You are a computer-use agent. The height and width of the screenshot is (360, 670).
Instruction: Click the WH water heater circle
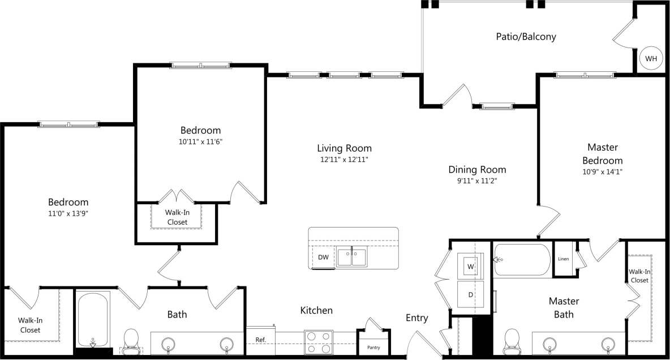[651, 58]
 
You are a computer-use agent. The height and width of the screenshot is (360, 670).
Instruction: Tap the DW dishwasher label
[323, 257]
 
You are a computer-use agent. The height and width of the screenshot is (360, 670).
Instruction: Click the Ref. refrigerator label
[260, 340]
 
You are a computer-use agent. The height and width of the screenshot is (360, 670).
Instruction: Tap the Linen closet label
[563, 259]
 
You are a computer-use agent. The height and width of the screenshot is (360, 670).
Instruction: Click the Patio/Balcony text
[526, 37]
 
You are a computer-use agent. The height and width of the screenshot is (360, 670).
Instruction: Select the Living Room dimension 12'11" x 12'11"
[344, 160]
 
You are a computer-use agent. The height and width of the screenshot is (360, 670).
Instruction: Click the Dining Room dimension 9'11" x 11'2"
[477, 181]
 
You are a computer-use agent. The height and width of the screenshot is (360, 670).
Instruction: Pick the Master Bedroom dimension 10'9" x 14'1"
[603, 171]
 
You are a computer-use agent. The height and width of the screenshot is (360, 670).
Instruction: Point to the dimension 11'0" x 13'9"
[68, 213]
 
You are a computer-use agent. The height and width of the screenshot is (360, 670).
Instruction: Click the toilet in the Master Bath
[512, 340]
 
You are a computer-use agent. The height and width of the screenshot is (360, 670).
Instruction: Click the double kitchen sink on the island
[351, 257]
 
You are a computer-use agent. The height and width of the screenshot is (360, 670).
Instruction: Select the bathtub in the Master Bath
[522, 260]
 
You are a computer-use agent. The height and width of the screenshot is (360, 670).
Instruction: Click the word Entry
[416, 318]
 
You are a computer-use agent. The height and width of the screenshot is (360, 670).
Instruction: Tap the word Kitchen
[316, 310]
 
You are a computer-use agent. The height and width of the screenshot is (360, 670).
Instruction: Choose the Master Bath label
[564, 307]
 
